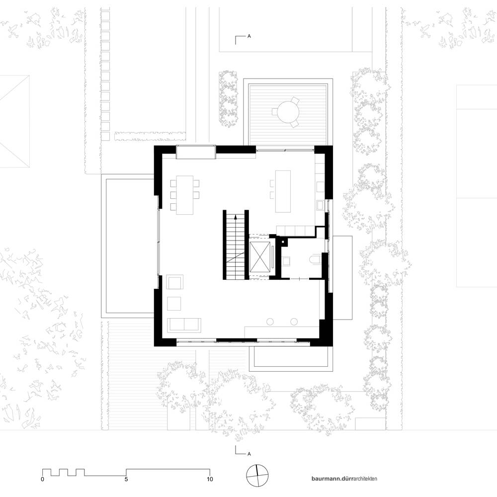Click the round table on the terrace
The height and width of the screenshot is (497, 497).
pos(287,112)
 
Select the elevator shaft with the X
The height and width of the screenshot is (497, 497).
pos(260,257)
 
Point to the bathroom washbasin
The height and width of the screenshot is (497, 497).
pos(287,261)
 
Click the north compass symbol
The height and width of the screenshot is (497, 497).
pos(257,476)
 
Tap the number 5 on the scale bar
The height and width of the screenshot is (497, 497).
pos(126,479)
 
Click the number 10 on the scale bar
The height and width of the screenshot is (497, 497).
pos(210,479)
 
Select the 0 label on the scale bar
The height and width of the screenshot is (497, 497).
pos(42,479)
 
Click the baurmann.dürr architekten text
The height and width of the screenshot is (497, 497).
pos(344,479)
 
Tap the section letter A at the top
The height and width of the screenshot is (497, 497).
pos(249,36)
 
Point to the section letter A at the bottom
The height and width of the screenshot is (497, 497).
pos(249,454)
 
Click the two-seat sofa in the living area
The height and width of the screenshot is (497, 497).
pos(184,325)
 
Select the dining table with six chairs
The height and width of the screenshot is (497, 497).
pos(185,195)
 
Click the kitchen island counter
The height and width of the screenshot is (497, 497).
pos(283,191)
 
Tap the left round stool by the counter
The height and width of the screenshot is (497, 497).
pos(270,322)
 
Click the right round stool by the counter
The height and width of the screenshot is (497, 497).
pos(294,322)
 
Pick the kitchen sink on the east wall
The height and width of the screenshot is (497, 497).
pos(320,206)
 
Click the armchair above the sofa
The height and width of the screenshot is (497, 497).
pos(175,282)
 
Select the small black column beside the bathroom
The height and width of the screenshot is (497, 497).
pos(283,242)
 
